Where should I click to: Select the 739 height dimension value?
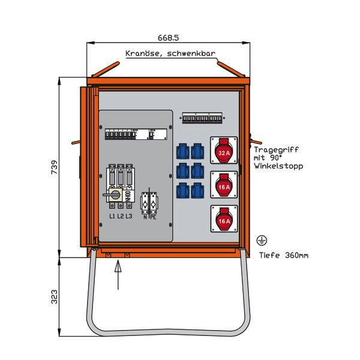55,165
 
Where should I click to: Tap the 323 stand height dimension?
55,296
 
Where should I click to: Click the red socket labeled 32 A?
223,152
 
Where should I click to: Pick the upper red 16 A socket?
223,186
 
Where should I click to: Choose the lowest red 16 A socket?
223,220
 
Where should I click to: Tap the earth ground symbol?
261,241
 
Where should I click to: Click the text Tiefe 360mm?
284,255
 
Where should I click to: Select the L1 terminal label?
112,215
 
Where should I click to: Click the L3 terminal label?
129,215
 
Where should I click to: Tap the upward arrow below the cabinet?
118,270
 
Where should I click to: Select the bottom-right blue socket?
197,191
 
